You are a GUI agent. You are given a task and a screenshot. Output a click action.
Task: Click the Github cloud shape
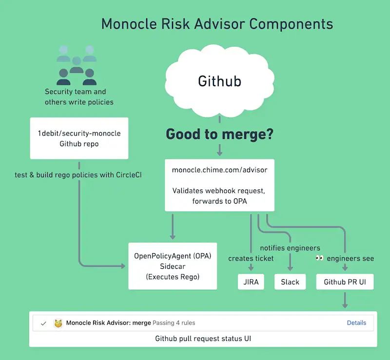pyautogui.click(x=219, y=81)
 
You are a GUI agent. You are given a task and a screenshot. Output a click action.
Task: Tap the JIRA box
pyautogui.click(x=251, y=282)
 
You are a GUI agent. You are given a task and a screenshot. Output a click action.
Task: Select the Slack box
pyautogui.click(x=290, y=282)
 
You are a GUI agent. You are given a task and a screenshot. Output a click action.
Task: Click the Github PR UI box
pyautogui.click(x=345, y=282)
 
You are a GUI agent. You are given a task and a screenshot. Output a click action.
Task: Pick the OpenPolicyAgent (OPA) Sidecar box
pyautogui.click(x=173, y=266)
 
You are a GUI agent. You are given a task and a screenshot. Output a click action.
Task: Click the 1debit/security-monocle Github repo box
pyautogui.click(x=79, y=138)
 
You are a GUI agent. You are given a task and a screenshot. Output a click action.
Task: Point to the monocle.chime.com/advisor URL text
pyautogui.click(x=219, y=170)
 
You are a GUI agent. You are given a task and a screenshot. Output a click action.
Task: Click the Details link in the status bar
pyautogui.click(x=356, y=322)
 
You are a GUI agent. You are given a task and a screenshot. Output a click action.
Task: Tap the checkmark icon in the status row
pyautogui.click(x=43, y=323)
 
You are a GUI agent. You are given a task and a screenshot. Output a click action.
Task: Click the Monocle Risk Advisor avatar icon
pyautogui.click(x=58, y=323)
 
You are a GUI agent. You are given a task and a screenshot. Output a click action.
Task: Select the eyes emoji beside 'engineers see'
pyautogui.click(x=320, y=258)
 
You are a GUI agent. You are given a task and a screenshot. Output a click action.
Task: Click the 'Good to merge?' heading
pyautogui.click(x=219, y=134)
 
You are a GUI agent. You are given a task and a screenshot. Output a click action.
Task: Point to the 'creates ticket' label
pyautogui.click(x=251, y=258)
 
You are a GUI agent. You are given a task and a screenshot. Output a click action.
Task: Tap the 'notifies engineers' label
pyautogui.click(x=290, y=248)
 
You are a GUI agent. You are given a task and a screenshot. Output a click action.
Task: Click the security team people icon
pyautogui.click(x=77, y=65)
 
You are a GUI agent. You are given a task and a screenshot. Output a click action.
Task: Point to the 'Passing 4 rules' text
pyautogui.click(x=174, y=322)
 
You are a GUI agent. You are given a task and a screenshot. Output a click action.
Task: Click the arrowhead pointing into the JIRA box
pyautogui.click(x=251, y=268)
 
